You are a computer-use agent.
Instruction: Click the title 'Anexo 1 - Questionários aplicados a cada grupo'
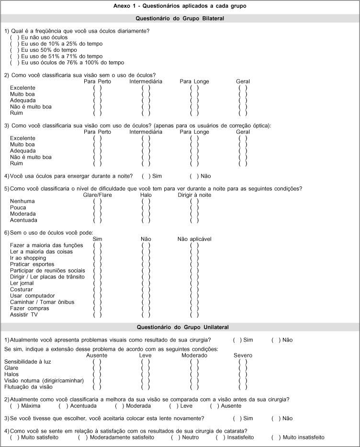point(180,6)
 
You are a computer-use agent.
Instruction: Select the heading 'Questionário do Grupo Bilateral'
point(180,19)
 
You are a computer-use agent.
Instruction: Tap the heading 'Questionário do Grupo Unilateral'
point(180,327)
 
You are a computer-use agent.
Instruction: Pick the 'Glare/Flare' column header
point(97,195)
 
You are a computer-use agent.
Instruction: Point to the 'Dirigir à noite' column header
point(194,195)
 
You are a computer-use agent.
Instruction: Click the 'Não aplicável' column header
point(194,239)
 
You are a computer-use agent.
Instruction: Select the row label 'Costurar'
point(22,289)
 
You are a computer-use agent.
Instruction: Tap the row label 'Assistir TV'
point(23,315)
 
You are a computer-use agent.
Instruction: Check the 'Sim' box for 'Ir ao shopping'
point(97,258)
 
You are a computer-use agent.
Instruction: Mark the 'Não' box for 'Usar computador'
point(146,296)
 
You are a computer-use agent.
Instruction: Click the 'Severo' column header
point(243,355)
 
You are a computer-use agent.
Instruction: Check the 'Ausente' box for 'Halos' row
point(97,374)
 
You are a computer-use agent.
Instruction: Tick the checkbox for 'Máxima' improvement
point(13,406)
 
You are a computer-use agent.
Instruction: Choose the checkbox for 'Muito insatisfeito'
point(274,437)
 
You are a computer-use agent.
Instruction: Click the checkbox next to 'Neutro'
point(174,437)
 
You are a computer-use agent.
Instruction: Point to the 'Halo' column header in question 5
point(146,195)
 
